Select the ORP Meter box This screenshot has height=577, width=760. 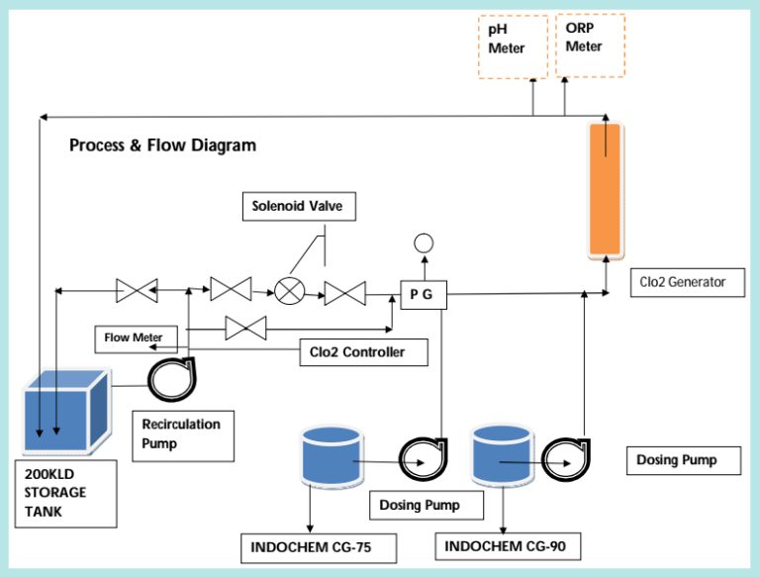590,46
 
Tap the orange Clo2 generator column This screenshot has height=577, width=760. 604,188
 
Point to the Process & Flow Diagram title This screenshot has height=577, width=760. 162,145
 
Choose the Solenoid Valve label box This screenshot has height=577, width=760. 298,207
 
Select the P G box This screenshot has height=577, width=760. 425,293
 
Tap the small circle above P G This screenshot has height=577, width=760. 424,243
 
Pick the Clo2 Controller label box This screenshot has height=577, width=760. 365,350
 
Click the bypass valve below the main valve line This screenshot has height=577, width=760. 245,328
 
